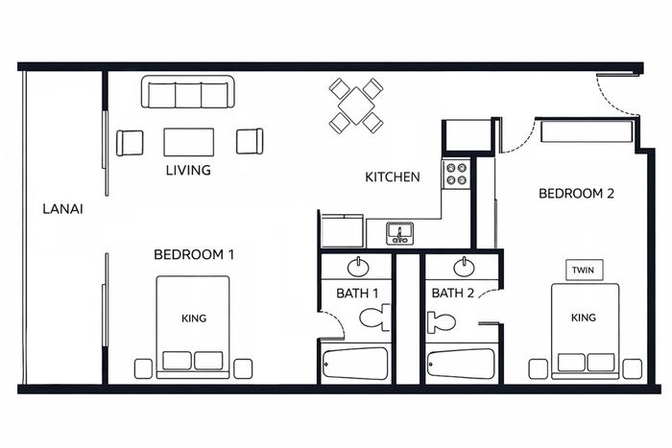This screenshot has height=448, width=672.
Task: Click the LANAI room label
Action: coord(62,209)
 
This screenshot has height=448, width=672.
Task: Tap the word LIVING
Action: coord(188,170)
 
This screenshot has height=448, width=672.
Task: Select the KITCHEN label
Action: coord(392,177)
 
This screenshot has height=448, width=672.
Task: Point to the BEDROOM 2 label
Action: coord(576,194)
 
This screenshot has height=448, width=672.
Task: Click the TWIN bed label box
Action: coord(584,270)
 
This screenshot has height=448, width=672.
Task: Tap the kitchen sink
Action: coord(399,233)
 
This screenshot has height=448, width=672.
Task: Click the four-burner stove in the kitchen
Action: coord(456,174)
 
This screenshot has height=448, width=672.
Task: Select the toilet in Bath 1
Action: coord(374,318)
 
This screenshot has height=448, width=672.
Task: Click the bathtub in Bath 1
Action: coord(355,364)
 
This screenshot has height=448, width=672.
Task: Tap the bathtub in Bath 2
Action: coord(461,364)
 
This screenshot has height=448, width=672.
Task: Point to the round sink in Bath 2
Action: coord(464,268)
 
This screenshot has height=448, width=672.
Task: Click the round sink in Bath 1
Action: coord(358,268)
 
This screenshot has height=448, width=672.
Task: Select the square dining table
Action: coord(356,106)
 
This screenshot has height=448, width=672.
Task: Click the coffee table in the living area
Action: coord(188,142)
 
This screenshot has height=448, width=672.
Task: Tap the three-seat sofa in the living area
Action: coord(188,92)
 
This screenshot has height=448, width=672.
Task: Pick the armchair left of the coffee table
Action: coord(130,143)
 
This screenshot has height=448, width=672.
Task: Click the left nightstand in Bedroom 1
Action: coord(143,368)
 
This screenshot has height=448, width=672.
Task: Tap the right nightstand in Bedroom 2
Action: coord(632,368)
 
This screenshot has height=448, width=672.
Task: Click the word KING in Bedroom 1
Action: coord(194,318)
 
